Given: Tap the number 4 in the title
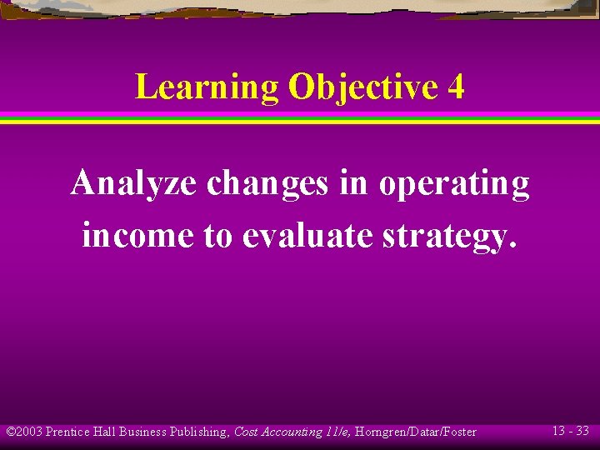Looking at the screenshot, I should pos(455,87).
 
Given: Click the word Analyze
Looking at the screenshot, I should pos(134,183).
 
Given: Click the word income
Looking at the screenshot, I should pos(138,236).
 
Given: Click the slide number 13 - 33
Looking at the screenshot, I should pos(570,431).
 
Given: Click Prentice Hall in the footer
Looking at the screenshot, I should pos(81,432).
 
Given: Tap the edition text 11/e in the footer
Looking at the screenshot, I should pos(337,432).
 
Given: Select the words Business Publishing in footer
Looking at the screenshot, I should pos(173,432).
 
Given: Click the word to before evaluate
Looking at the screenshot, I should pos(219,236).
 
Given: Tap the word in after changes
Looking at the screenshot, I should pos(353,183).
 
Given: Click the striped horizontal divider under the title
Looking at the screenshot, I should pos(300,117).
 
